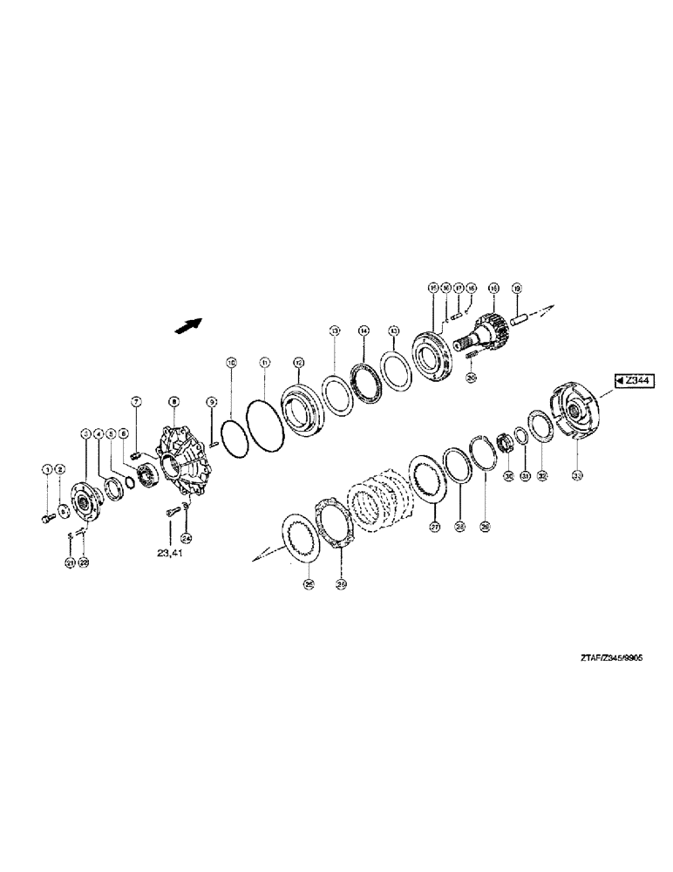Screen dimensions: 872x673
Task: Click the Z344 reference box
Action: click(x=635, y=380)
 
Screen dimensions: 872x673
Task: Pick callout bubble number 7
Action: click(x=136, y=400)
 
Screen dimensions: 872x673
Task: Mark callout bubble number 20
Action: click(x=471, y=377)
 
